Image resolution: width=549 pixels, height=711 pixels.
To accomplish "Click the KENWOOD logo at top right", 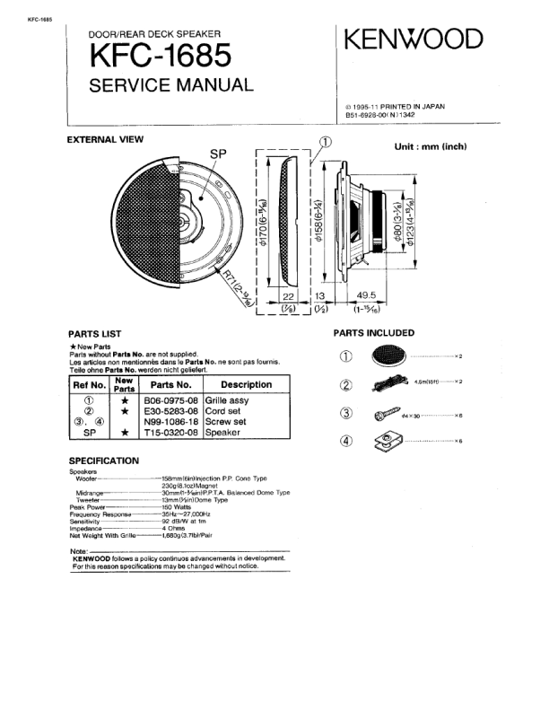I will (414, 39).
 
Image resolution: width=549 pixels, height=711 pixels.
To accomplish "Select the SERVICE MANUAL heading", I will (172, 86).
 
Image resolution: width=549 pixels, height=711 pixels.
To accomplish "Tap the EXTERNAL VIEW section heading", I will (106, 139).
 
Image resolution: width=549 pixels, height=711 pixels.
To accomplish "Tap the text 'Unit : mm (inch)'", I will (431, 146).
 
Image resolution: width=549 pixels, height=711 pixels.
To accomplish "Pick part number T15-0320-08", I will (170, 432).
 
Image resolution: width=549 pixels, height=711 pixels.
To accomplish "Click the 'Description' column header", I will (245, 384).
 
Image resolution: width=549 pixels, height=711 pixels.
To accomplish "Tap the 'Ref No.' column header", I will (89, 384).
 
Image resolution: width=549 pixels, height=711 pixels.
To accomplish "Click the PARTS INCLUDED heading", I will (374, 332).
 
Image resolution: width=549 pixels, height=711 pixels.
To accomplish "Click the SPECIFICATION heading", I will (104, 461).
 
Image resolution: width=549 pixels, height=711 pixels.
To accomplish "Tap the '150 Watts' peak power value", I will (179, 507).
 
